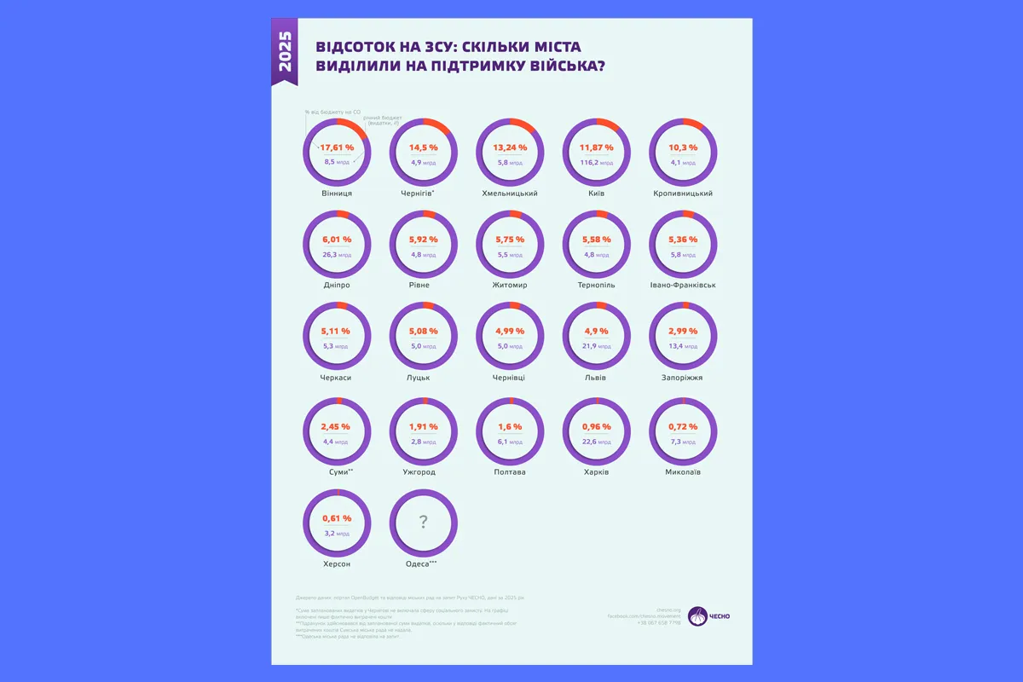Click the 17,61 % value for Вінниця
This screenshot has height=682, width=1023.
(337, 147)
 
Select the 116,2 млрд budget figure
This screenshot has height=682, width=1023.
(596, 162)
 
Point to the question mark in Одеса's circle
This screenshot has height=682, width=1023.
(424, 522)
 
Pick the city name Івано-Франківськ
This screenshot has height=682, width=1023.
(682, 285)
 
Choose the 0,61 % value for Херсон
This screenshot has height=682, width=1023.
(337, 518)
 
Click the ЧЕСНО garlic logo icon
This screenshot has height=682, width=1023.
(697, 616)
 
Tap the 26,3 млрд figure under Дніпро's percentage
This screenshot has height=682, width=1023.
(337, 254)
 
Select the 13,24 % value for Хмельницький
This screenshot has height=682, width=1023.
(509, 147)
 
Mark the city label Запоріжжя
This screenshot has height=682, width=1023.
(682, 377)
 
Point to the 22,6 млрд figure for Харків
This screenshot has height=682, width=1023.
(596, 442)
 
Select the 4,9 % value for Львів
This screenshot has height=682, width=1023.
(596, 331)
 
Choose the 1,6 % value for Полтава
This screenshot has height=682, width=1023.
(509, 426)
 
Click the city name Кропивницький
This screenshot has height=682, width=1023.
(682, 194)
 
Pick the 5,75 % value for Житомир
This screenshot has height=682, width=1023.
(509, 240)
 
